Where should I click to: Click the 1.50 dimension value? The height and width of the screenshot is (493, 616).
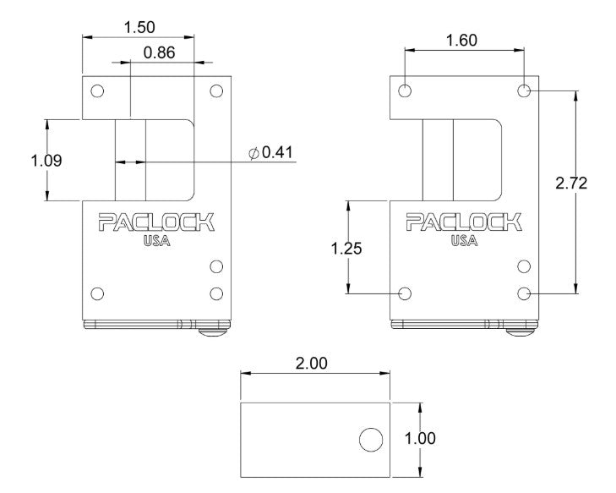(x=139, y=27)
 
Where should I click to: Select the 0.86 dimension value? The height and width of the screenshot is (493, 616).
(x=159, y=52)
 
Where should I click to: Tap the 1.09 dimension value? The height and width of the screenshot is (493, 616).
(x=46, y=160)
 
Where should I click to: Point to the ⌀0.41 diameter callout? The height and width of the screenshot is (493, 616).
(x=270, y=152)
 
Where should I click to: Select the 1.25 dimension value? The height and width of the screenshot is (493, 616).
(x=346, y=248)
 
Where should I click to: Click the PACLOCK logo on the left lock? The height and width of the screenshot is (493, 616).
(x=156, y=222)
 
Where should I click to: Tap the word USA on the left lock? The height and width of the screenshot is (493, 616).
(x=156, y=241)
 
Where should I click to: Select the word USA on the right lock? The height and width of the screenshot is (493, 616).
(x=463, y=241)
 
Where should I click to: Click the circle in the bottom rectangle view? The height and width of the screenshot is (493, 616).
(x=370, y=439)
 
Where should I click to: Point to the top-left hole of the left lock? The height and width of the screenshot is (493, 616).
(x=97, y=91)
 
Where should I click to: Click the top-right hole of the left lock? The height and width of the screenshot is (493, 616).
(x=216, y=91)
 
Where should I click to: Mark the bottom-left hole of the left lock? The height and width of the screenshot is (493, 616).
(x=97, y=293)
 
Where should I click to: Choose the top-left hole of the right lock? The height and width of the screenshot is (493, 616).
(x=405, y=90)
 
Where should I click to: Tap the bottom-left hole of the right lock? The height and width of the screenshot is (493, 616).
(x=405, y=293)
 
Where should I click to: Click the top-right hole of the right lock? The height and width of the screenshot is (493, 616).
(x=524, y=90)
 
